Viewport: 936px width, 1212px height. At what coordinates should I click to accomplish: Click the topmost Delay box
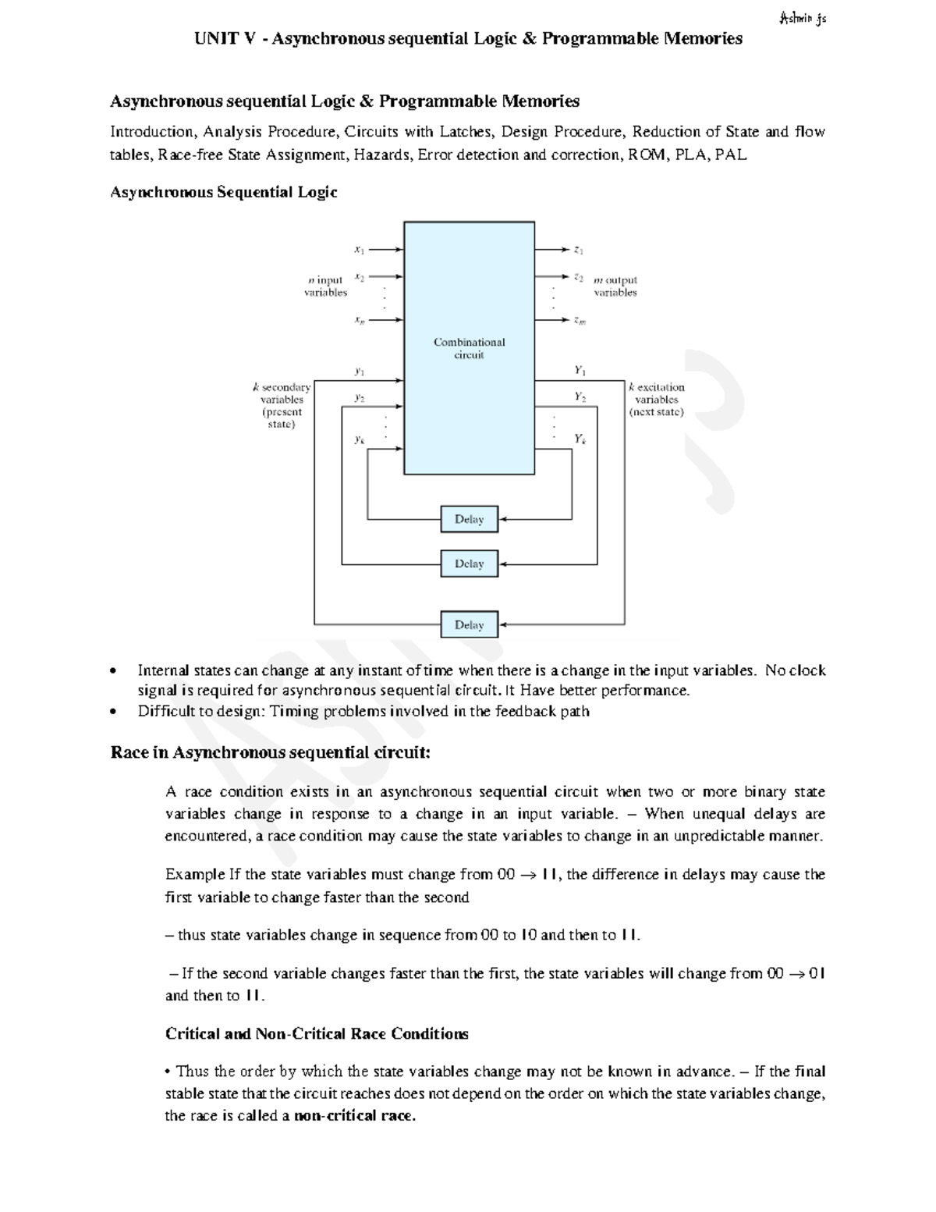469,519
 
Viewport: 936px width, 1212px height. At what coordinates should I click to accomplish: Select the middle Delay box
469,563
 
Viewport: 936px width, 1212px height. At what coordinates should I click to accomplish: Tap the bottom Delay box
469,624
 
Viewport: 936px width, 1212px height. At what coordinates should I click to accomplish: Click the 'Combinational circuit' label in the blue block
469,348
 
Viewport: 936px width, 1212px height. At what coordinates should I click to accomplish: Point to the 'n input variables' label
325,286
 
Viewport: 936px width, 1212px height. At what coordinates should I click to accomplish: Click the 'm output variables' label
615,286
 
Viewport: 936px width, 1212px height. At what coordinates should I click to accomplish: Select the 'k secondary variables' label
282,405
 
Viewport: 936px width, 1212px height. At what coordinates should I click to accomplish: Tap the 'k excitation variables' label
657,399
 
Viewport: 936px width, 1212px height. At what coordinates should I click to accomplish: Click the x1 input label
359,250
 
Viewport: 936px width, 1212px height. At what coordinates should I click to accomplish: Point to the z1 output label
579,250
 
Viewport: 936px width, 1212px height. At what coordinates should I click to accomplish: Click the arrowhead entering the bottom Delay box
503,624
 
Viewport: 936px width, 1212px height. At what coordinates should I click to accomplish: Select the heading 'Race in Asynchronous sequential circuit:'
270,752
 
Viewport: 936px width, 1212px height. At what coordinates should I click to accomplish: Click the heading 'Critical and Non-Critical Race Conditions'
317,1033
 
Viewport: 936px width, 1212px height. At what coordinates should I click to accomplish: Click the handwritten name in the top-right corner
802,18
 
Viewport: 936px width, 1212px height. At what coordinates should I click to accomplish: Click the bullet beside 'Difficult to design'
115,711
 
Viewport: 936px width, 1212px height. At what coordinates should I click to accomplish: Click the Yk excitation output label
580,439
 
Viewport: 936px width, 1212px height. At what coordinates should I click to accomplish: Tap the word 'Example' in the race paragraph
194,874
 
